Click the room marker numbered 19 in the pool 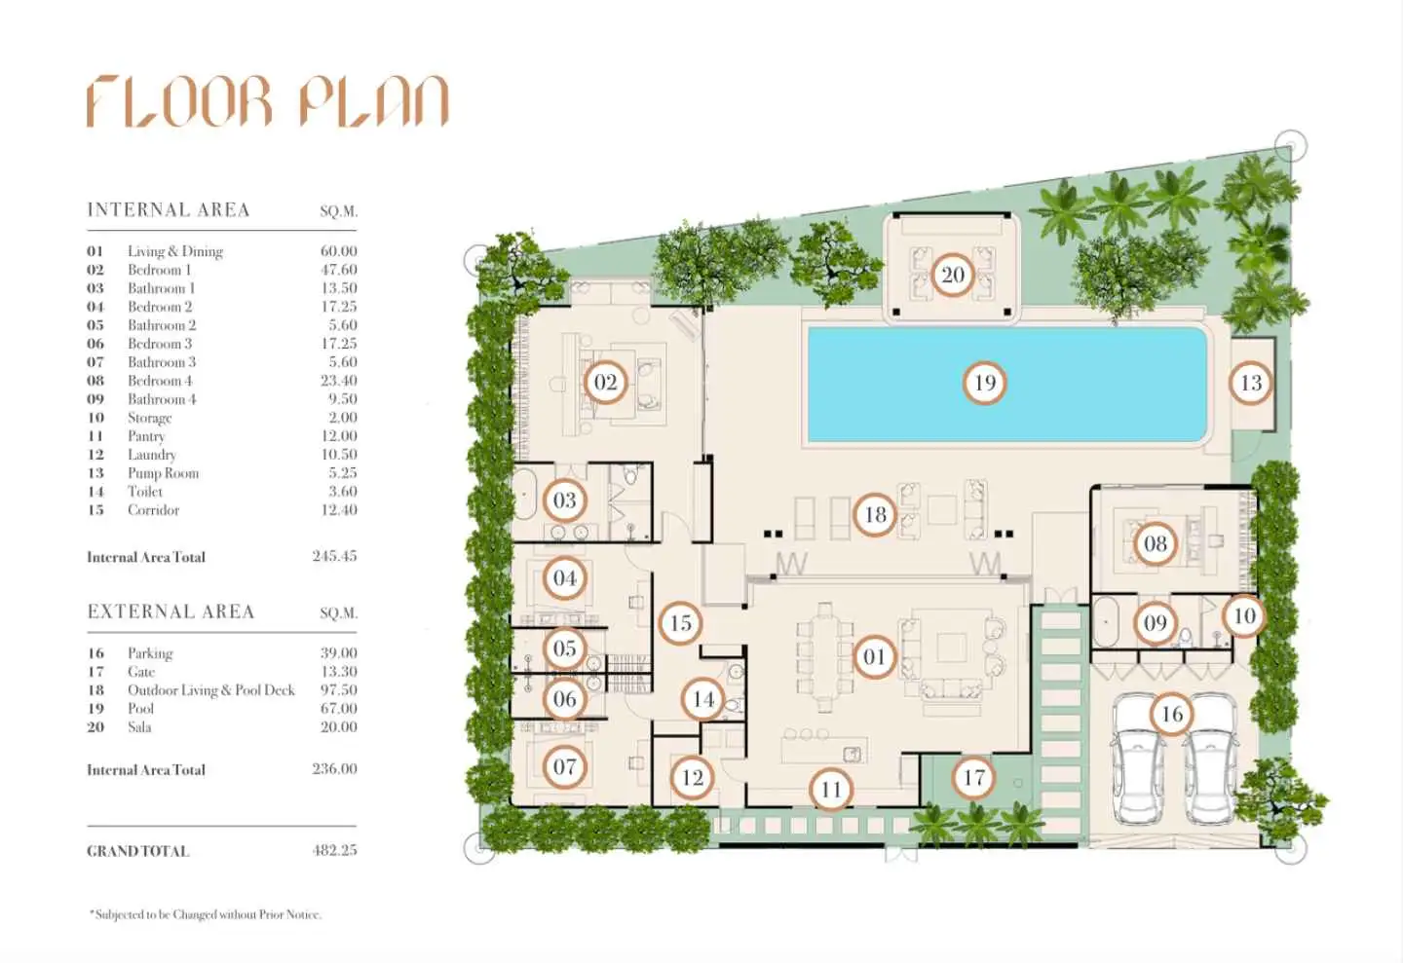984,383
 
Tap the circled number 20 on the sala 952,275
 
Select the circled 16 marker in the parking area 1171,714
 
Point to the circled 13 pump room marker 1251,383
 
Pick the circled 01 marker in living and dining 874,657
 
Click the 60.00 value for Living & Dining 338,251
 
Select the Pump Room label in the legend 163,473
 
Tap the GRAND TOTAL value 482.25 334,850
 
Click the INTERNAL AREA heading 169,209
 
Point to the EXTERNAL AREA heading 171,611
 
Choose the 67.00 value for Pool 338,708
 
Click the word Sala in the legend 139,727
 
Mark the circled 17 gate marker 972,778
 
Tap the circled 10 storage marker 1244,616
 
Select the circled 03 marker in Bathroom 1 564,500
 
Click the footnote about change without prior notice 206,914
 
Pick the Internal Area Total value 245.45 334,556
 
